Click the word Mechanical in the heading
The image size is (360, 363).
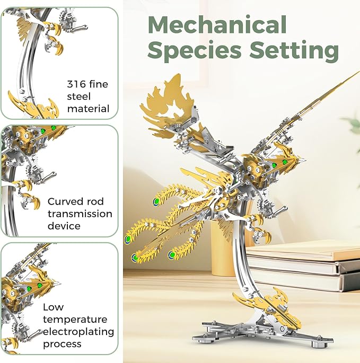pos(217,24)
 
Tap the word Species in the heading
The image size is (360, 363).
pos(195,51)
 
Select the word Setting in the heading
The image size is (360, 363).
pos(294,50)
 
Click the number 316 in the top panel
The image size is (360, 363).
pos(76,84)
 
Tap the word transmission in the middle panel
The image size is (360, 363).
pos(80,214)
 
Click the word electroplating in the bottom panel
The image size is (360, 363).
pos(78,332)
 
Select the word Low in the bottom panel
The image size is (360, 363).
pos(53,307)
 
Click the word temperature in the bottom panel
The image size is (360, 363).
pos(75,320)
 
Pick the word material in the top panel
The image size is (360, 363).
pos(88,109)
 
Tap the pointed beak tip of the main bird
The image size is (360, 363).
pos(305,160)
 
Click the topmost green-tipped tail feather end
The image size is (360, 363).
pos(156,201)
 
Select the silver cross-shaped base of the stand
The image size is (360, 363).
pos(262,333)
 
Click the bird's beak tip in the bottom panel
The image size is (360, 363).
pos(59,284)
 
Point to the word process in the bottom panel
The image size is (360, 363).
pos(62,344)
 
